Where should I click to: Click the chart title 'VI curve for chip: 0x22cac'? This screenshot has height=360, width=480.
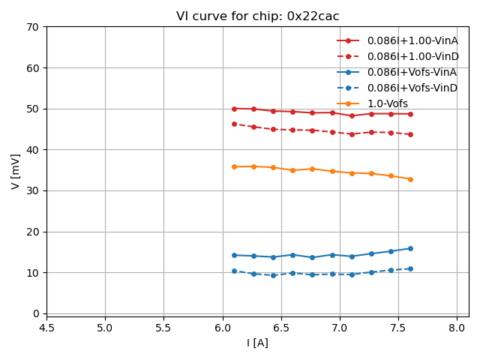(x=257, y=16)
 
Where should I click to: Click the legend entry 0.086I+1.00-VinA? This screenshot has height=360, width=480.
(x=412, y=40)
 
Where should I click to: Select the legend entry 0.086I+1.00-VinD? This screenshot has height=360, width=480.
(x=412, y=56)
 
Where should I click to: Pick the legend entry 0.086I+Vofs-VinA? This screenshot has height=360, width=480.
(x=412, y=72)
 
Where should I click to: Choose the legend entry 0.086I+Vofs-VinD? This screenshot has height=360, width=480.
(x=412, y=88)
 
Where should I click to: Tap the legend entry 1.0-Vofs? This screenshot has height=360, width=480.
(x=387, y=103)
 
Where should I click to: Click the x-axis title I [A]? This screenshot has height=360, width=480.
(x=257, y=343)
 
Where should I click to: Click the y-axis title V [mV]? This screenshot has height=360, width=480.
(x=16, y=171)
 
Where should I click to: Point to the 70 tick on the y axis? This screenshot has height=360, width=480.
(x=34, y=27)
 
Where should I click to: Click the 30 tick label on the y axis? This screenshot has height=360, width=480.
(x=34, y=190)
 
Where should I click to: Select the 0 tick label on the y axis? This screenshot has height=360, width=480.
(x=37, y=313)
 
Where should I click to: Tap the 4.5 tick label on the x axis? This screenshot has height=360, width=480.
(x=46, y=328)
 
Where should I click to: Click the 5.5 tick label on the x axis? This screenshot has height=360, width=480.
(x=163, y=328)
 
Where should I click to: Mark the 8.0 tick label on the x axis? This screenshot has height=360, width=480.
(x=457, y=328)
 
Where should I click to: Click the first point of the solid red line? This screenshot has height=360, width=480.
(x=234, y=109)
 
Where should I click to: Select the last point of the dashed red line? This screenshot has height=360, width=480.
(x=410, y=134)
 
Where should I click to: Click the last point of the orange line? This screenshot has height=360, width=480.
(x=410, y=179)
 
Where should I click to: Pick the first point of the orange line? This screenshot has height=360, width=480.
(x=234, y=166)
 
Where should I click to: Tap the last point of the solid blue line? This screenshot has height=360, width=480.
(x=410, y=248)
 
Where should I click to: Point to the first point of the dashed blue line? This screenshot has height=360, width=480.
(x=234, y=271)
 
